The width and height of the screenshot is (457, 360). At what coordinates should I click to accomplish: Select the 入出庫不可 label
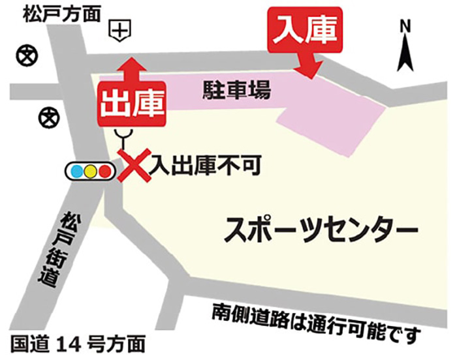205,166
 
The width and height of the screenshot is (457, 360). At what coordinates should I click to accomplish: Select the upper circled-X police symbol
25,55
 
